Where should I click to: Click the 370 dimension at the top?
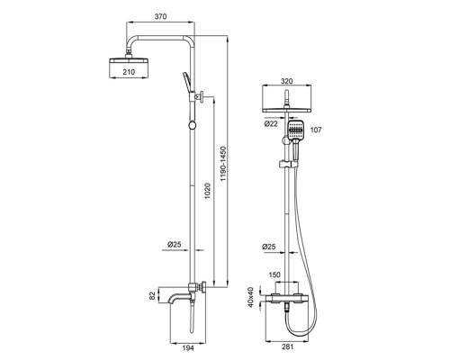[160, 16]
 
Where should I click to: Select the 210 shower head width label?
[129, 72]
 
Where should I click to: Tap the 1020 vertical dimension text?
[207, 192]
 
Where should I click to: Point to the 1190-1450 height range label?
[223, 164]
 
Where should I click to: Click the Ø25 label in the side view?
[175, 245]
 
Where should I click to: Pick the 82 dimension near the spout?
[153, 296]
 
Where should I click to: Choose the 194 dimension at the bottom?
[188, 348]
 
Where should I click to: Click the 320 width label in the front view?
[287, 81]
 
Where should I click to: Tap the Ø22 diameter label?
[271, 123]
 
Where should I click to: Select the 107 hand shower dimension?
[316, 130]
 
